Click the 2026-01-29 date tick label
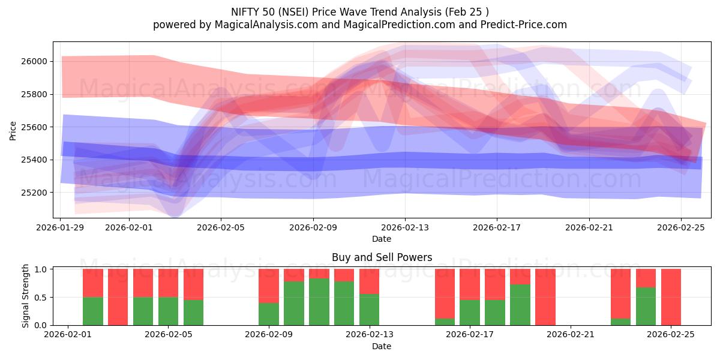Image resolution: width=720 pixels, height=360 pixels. coord(61,229)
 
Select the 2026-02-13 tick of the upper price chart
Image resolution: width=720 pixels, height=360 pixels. coord(405,229)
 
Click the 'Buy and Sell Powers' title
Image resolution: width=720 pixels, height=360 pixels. coord(382,257)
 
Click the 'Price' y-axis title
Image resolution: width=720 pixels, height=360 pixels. coord(13,130)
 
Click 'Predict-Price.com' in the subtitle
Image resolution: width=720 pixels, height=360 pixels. coord(520,25)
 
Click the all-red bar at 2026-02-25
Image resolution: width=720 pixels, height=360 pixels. coord(671,297)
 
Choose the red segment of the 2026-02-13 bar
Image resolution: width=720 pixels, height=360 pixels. coord(369,281)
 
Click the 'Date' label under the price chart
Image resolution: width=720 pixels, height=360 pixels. coord(382,239)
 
